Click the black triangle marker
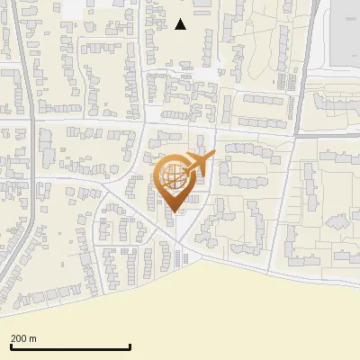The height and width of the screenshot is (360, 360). (x=181, y=24)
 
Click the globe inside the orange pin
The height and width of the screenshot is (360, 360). (x=172, y=176)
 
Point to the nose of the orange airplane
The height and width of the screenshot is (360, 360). (x=213, y=156)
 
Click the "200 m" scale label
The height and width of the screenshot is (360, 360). (x=23, y=338)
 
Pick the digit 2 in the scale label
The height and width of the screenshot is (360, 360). (x=13, y=338)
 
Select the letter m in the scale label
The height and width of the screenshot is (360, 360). (x=32, y=339)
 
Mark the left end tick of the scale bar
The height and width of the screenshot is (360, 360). (x=11, y=346)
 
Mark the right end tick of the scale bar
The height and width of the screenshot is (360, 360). (x=130, y=346)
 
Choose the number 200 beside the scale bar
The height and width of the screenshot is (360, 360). (x=19, y=338)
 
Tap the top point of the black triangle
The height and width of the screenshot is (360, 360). (x=181, y=19)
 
